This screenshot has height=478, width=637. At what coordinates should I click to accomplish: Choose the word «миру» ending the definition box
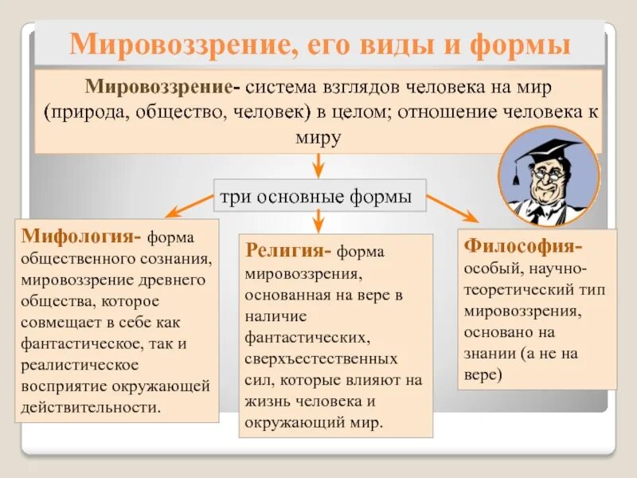click(318, 137)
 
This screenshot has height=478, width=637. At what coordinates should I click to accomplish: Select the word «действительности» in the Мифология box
click(90, 408)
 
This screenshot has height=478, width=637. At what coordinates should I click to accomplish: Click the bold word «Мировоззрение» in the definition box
click(160, 85)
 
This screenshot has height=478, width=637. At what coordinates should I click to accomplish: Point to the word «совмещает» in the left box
click(58, 323)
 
